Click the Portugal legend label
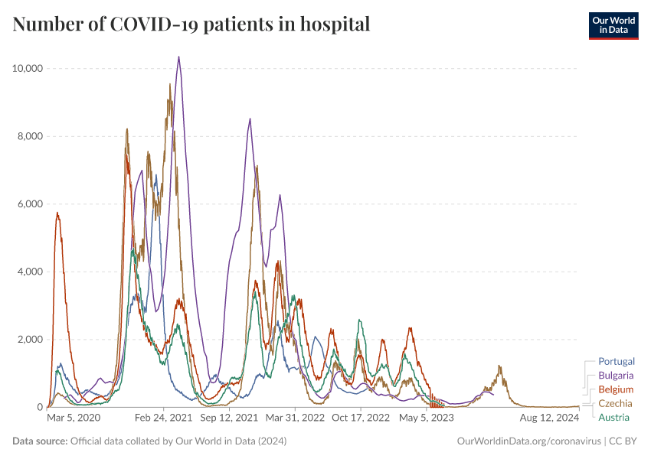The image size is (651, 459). pyautogui.click(x=616, y=361)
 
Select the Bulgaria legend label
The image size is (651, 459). pyautogui.click(x=616, y=376)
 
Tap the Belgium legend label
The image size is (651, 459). pyautogui.click(x=616, y=389)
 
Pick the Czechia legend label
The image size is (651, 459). pyautogui.click(x=615, y=403)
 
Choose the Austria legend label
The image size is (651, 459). pyautogui.click(x=613, y=417)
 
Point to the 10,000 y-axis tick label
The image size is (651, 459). pyautogui.click(x=27, y=69)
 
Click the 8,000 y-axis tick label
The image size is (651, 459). pyautogui.click(x=30, y=136)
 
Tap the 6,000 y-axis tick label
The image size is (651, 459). pyautogui.click(x=30, y=204)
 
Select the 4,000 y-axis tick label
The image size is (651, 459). pyautogui.click(x=30, y=272)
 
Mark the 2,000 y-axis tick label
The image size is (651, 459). pyautogui.click(x=30, y=340)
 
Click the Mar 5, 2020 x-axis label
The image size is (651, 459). pyautogui.click(x=74, y=418)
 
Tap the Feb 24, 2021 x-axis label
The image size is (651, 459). pyautogui.click(x=164, y=418)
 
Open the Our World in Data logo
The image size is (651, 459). pyautogui.click(x=613, y=24)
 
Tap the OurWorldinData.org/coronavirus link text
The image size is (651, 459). pyautogui.click(x=528, y=441)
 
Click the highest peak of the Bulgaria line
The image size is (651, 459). pyautogui.click(x=178, y=57)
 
